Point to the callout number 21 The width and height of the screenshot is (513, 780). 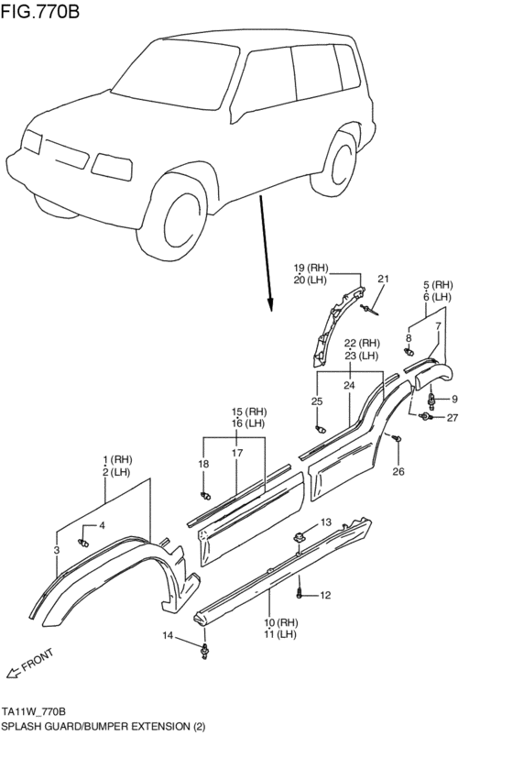click(x=383, y=279)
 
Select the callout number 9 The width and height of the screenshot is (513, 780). click(x=453, y=399)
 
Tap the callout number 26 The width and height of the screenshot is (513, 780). click(x=397, y=472)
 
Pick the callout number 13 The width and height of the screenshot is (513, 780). click(x=326, y=522)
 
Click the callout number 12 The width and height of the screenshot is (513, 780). click(x=325, y=596)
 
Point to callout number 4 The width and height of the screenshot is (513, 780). click(x=103, y=525)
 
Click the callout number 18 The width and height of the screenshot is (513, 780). click(x=203, y=465)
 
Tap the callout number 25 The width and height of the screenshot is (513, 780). click(x=317, y=401)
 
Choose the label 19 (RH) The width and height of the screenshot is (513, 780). click(x=311, y=268)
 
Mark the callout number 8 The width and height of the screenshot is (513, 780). click(x=409, y=338)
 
